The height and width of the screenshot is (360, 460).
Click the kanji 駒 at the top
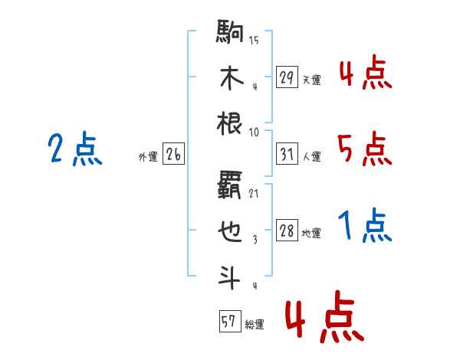230,31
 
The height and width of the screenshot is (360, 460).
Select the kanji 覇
230,185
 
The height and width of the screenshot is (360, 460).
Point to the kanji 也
230,231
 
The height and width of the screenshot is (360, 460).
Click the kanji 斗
230,277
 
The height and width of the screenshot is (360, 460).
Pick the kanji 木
232,77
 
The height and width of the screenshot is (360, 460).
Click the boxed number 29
287,77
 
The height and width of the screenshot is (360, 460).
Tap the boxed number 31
287,154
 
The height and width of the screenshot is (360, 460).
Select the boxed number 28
287,231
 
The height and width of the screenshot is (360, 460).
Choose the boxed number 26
173,154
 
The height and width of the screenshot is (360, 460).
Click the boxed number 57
230,321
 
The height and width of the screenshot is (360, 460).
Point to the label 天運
311,80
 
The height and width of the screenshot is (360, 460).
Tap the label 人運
312,156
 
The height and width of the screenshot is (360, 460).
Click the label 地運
311,234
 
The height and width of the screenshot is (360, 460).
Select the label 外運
148,156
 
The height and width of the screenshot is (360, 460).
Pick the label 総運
255,325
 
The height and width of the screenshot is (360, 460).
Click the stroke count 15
254,40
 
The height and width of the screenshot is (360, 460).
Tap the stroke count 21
254,194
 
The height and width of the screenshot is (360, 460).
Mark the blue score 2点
75,149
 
